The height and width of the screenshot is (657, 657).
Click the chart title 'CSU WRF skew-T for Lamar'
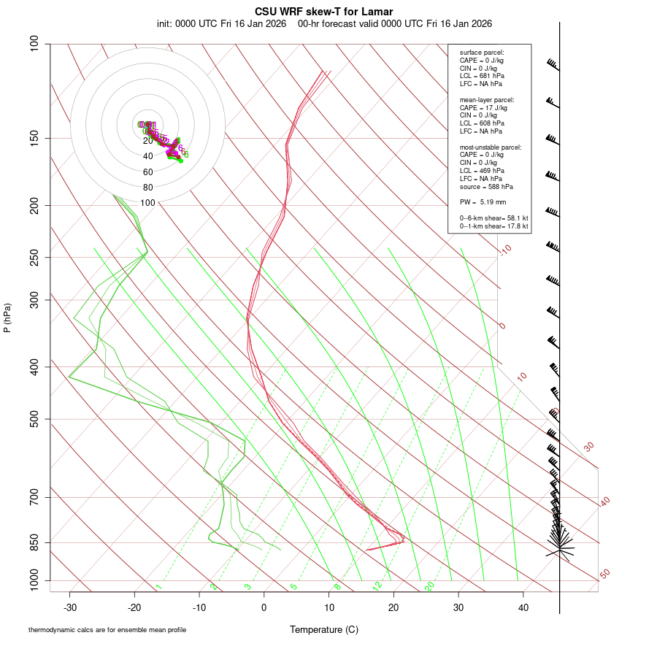324,12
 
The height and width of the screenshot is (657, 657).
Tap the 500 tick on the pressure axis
34,419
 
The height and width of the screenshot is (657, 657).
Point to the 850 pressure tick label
34,542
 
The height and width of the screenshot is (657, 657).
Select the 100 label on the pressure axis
34,44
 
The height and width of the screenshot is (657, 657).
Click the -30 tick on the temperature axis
70,607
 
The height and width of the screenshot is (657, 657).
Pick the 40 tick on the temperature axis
523,607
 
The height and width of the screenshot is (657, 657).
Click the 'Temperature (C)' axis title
324,629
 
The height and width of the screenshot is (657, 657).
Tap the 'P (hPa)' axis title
7,318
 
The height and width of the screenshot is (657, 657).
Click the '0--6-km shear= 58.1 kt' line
493,218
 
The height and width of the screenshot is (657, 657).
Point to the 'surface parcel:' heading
482,53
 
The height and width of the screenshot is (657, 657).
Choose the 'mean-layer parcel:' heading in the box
487,99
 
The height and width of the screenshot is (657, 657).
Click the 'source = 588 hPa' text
484,187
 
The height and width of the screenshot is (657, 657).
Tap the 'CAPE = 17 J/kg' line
483,107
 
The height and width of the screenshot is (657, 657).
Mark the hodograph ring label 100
147,203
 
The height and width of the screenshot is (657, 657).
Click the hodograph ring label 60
147,172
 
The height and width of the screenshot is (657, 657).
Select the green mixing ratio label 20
430,585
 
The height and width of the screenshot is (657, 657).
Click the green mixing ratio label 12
377,585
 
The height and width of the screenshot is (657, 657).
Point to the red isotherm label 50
605,575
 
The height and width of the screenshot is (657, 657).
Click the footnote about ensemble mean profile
107,630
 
